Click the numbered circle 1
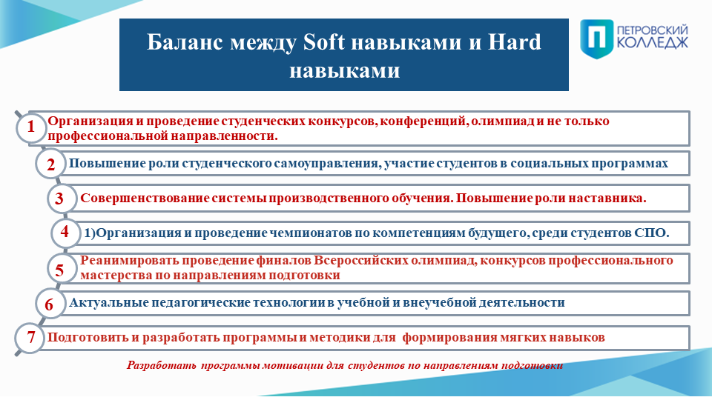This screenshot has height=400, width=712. (31, 127)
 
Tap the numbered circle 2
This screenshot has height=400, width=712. (50, 164)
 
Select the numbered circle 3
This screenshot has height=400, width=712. (62, 199)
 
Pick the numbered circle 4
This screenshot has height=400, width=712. (65, 232)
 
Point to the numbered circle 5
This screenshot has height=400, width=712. (62, 269)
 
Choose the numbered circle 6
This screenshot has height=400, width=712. (50, 304)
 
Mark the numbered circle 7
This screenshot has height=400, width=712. (30, 338)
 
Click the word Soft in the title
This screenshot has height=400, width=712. (324, 41)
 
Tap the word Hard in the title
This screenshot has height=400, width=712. (515, 41)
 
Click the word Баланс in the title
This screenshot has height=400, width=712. (185, 41)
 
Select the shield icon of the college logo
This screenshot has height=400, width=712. (596, 39)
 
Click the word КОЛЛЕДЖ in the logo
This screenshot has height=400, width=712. (653, 43)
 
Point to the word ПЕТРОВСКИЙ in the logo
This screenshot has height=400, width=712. (653, 30)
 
